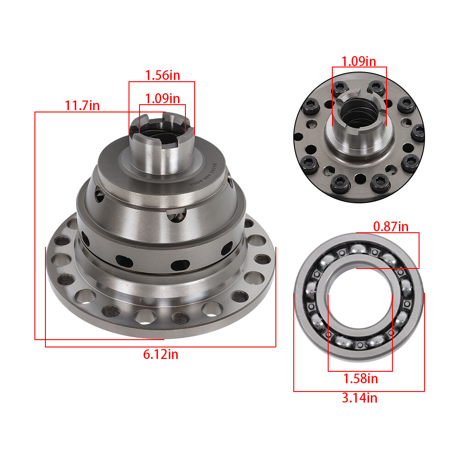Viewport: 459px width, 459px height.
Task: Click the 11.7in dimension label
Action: click(x=82, y=106)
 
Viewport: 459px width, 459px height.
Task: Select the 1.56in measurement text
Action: click(x=162, y=75)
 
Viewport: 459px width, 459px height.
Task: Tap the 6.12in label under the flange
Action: click(x=161, y=354)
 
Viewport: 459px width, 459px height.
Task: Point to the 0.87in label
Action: click(x=391, y=226)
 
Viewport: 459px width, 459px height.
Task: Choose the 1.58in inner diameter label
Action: click(x=360, y=379)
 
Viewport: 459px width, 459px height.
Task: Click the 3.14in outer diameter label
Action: click(x=359, y=398)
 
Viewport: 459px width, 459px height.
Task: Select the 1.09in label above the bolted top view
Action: click(x=359, y=61)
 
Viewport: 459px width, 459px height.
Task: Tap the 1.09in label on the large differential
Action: click(x=162, y=98)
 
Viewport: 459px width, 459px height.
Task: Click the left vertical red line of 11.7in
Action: click(x=35, y=225)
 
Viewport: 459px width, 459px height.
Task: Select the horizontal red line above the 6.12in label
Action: click(x=161, y=347)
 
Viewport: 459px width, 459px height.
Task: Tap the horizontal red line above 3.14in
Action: click(x=359, y=391)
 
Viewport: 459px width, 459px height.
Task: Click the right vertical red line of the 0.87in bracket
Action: click(x=419, y=250)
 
